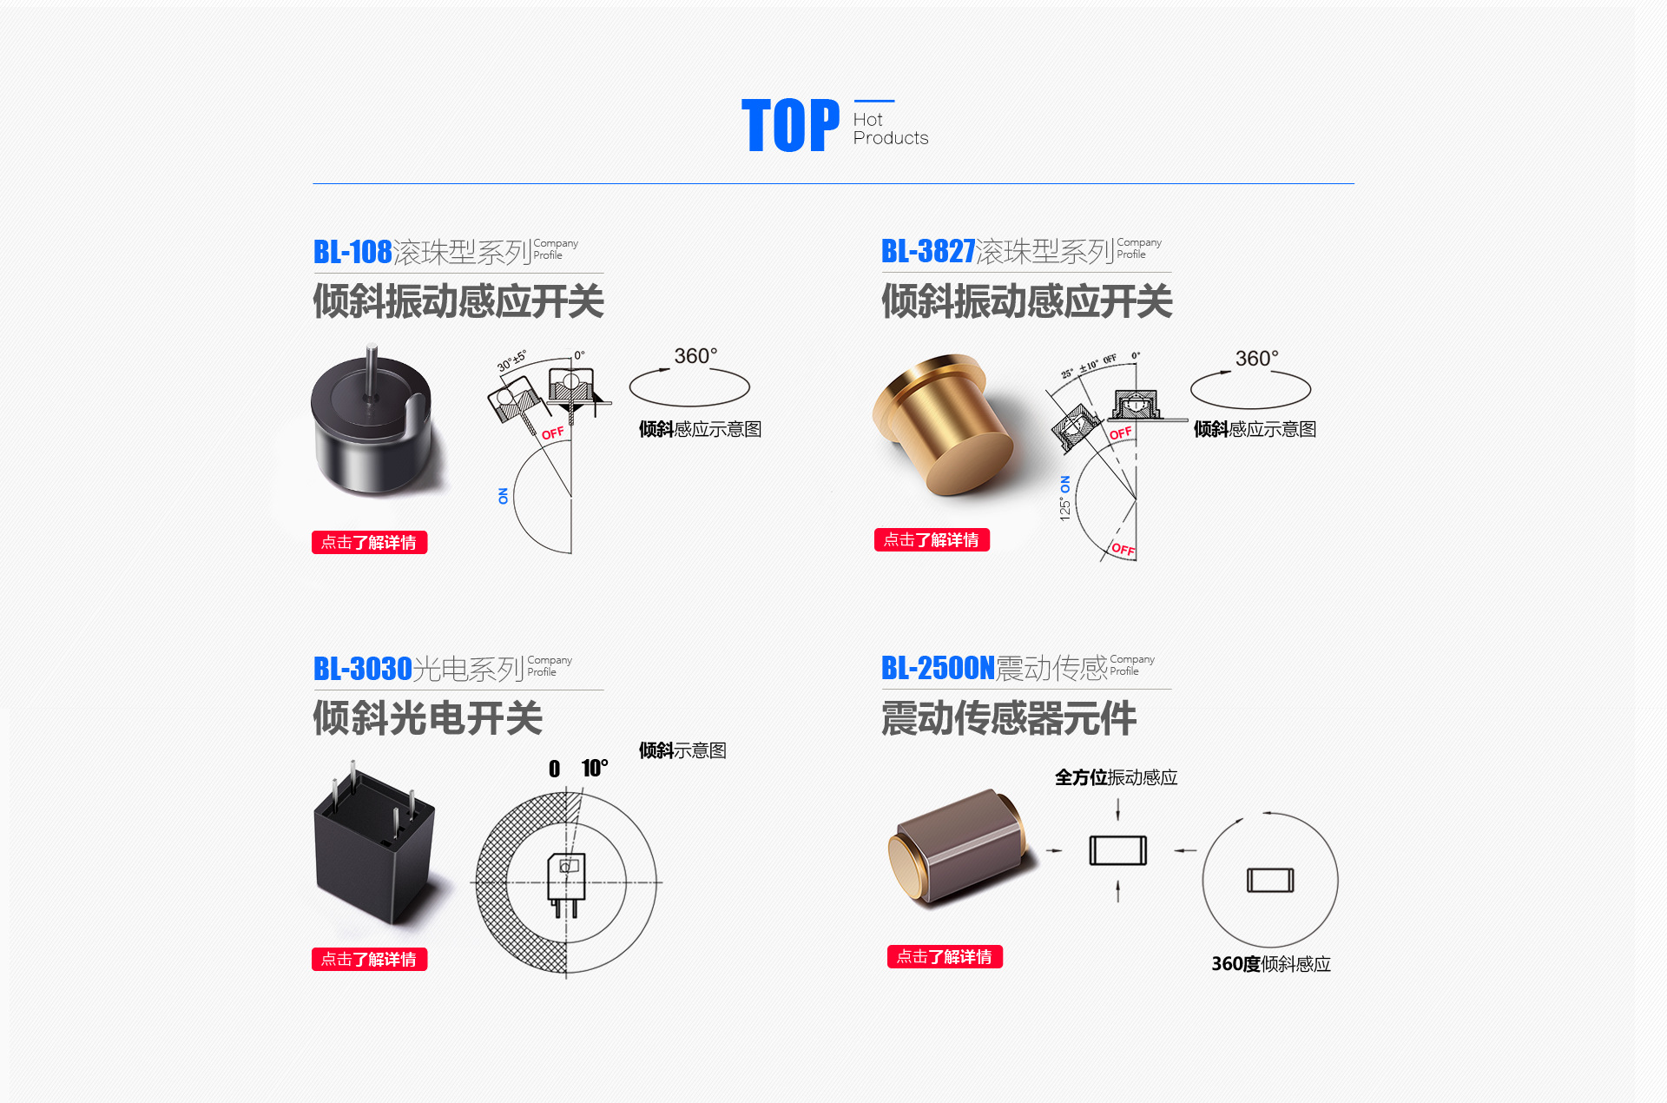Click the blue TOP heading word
click(x=790, y=126)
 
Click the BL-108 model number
click(x=353, y=252)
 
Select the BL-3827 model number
click(x=928, y=251)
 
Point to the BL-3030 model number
click(x=362, y=669)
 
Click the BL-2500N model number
click(x=937, y=668)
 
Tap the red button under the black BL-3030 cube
click(x=369, y=959)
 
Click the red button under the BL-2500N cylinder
click(x=944, y=956)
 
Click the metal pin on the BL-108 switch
click(x=372, y=369)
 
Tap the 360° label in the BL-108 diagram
click(x=695, y=356)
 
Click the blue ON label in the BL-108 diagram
click(x=503, y=496)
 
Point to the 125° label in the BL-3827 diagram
click(x=1065, y=508)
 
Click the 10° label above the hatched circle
click(x=595, y=768)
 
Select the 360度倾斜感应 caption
click(x=1270, y=964)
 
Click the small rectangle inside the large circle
click(x=1270, y=880)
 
